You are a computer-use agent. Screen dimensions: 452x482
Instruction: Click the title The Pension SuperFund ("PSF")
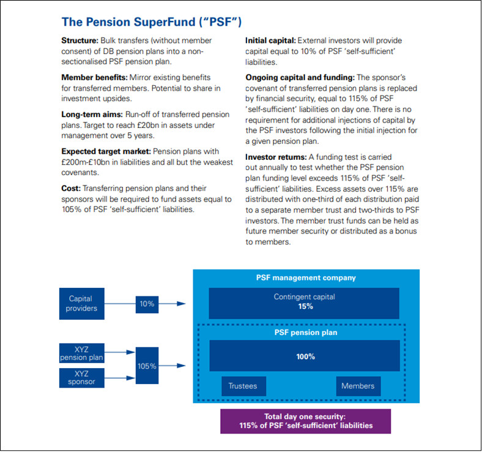click(x=151, y=22)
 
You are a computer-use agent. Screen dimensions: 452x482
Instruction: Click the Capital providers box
click(x=82, y=303)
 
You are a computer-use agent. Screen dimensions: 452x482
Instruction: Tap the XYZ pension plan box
click(x=82, y=352)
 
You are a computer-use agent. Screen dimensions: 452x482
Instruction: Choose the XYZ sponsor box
click(x=82, y=377)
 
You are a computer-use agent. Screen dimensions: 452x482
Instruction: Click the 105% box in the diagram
click(x=147, y=366)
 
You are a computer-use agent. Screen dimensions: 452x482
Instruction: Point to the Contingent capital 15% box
click(x=304, y=302)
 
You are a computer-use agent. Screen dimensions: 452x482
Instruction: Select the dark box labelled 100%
click(x=304, y=356)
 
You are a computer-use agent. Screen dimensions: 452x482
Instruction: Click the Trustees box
click(x=242, y=386)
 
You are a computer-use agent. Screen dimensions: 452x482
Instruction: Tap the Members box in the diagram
click(x=357, y=386)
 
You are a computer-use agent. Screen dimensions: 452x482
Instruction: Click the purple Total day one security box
click(x=305, y=421)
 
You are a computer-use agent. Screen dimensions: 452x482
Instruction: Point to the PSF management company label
click(x=305, y=277)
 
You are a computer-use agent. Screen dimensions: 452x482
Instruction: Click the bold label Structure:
click(x=80, y=40)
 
